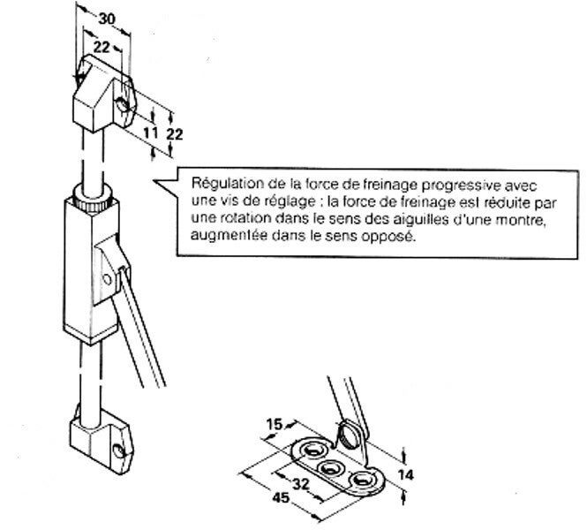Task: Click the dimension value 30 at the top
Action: click(106, 17)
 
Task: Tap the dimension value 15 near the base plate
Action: click(274, 424)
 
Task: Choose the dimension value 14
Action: click(404, 474)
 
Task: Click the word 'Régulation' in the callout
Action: click(222, 185)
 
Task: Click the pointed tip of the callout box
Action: click(157, 183)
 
